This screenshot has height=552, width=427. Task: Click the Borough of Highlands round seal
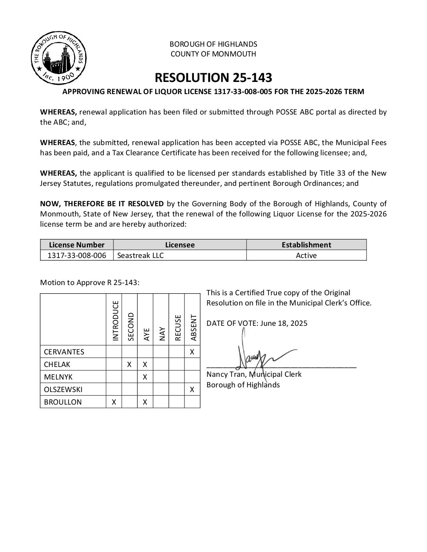59,59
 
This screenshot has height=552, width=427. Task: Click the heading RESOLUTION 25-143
213,78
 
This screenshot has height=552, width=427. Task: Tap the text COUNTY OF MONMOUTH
213,54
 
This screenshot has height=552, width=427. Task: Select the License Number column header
77,245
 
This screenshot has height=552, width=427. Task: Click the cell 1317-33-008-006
77,256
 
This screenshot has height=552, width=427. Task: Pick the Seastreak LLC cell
141,256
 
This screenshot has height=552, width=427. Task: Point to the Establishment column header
306,245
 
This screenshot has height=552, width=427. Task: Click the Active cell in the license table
306,256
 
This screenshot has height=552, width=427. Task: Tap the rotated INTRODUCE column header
115,321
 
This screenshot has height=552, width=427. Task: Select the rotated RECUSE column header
178,327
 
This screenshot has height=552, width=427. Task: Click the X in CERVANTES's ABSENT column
192,352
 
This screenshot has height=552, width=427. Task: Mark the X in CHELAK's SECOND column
129,365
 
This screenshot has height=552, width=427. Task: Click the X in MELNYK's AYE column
145,377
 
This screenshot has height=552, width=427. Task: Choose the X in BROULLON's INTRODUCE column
114,402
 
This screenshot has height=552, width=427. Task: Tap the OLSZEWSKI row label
63,390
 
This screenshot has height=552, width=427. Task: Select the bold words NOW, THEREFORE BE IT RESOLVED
102,204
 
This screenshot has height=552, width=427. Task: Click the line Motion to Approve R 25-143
89,283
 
